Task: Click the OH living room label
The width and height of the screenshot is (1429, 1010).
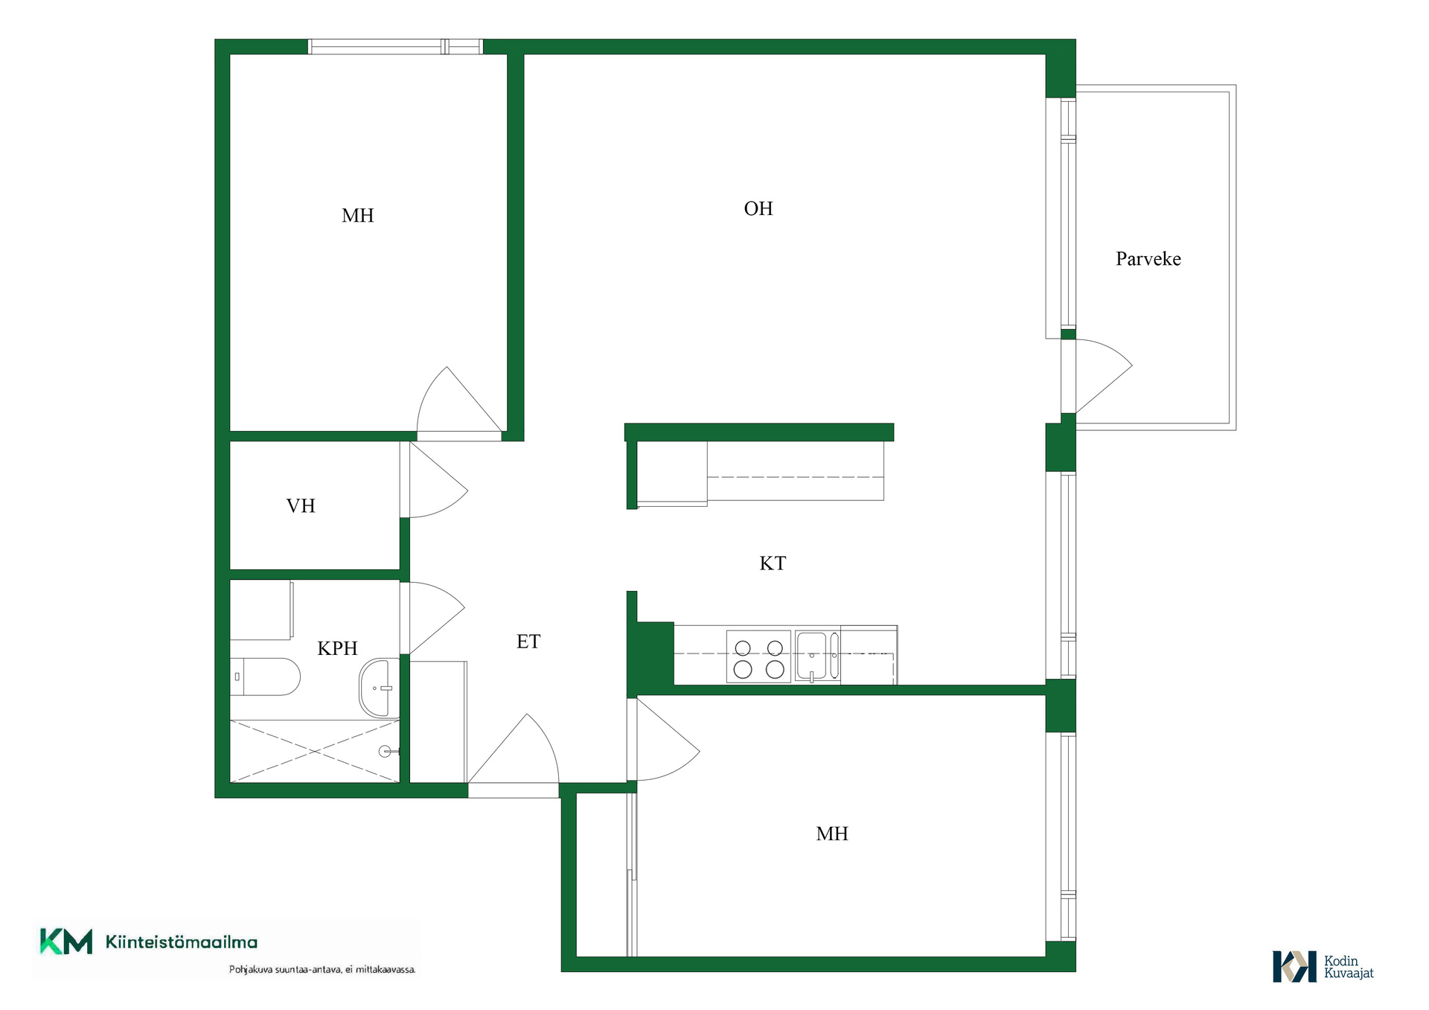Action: click(758, 208)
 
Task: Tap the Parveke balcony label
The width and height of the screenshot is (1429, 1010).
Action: click(1148, 259)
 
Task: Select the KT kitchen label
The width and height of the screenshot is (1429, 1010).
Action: click(773, 563)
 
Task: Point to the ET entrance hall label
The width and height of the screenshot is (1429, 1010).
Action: click(528, 642)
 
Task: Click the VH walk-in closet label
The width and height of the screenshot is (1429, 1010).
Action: click(301, 506)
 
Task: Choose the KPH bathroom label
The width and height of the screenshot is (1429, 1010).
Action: click(338, 648)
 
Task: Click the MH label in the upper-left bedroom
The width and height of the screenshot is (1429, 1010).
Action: click(358, 216)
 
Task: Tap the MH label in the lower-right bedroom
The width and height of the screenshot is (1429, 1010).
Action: click(832, 834)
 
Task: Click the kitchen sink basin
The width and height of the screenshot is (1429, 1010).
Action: click(811, 656)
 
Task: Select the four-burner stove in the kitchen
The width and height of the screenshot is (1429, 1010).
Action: click(758, 657)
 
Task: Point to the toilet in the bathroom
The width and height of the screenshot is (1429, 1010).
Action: click(265, 677)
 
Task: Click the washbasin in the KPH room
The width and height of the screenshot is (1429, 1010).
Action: click(379, 688)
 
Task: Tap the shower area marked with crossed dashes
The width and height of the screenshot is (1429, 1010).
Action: click(315, 751)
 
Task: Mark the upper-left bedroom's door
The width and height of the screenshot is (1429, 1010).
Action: click(459, 400)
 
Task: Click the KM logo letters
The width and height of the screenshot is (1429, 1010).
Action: click(66, 942)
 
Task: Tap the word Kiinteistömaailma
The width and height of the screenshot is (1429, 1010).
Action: click(182, 942)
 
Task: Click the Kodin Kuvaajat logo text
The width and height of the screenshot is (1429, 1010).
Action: click(1349, 967)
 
